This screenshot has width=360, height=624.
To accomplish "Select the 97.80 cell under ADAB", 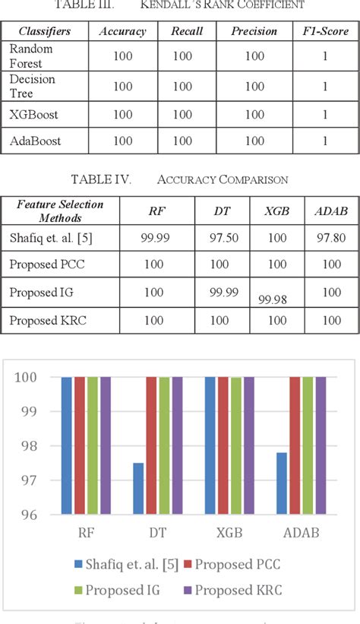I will click(x=331, y=238).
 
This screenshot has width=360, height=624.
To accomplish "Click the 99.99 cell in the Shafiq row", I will click(x=154, y=238).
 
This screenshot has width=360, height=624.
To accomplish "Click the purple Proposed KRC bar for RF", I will click(x=105, y=445).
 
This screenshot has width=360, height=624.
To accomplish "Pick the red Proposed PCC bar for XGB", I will click(x=223, y=445).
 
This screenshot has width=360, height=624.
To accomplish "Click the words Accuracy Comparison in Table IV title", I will click(x=222, y=179).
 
